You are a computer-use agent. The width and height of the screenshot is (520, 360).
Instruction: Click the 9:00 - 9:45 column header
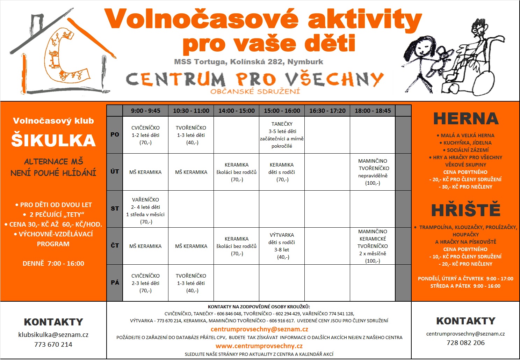(145, 111)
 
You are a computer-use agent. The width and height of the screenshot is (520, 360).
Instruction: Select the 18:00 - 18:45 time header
(373, 111)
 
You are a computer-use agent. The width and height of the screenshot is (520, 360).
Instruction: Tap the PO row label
(115, 134)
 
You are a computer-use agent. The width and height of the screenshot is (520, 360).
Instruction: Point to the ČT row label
(115, 245)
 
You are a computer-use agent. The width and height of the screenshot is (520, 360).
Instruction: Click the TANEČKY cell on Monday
(282, 135)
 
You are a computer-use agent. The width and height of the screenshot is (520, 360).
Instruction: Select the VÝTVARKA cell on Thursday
(282, 246)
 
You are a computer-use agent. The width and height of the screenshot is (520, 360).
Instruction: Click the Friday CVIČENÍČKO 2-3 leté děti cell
(145, 283)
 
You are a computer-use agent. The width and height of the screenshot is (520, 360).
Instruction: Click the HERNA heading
(466, 118)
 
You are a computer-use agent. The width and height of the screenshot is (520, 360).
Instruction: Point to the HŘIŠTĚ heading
(466, 209)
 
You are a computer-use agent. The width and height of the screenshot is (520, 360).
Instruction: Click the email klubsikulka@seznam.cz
(53, 335)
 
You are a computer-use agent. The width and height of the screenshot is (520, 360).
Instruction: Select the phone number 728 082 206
(466, 343)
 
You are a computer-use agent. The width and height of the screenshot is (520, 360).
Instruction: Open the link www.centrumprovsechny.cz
(259, 346)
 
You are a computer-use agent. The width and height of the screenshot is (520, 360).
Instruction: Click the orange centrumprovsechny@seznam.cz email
(259, 329)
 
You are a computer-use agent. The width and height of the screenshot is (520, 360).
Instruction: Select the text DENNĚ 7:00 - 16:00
(53, 264)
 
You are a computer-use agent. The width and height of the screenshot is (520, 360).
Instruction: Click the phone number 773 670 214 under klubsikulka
(53, 344)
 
